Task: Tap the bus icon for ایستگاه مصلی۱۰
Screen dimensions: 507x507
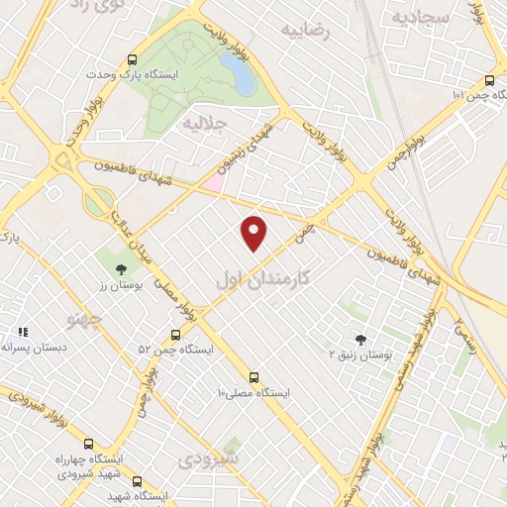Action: coord(254,377)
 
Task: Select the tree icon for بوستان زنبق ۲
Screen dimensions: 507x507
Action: coord(359,338)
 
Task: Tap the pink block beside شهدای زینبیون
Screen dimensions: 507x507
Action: coord(211,182)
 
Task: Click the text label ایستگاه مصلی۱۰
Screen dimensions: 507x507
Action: coord(254,393)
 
